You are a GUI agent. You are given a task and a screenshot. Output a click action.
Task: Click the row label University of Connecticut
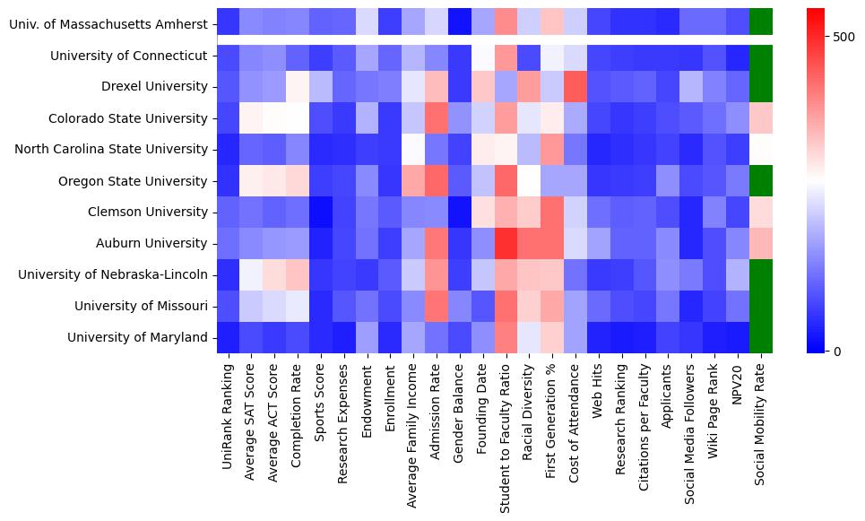click(x=128, y=56)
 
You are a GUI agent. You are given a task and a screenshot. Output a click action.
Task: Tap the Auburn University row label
click(x=152, y=243)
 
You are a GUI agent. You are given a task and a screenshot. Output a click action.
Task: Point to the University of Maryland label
click(x=139, y=337)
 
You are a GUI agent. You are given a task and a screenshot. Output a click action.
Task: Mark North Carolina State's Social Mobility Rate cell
click(x=760, y=150)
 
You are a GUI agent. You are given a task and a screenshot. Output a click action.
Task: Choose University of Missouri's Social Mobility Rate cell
click(x=760, y=306)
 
